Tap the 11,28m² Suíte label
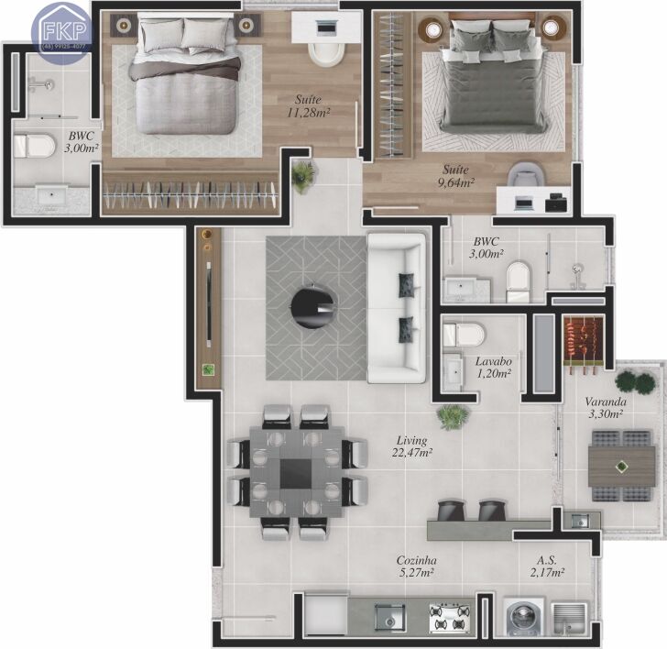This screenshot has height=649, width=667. click(x=308, y=106)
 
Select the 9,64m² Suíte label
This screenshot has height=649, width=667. click(x=455, y=176)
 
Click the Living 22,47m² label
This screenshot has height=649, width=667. click(x=411, y=446)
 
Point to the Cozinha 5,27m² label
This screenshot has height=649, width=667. click(x=417, y=566)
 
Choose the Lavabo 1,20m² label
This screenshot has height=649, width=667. click(x=494, y=368)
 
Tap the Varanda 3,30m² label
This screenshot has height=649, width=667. click(x=606, y=408)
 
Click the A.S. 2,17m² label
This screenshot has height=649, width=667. click(x=547, y=566)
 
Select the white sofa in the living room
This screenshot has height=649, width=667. click(x=397, y=308)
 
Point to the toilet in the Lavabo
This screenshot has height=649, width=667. click(x=464, y=334)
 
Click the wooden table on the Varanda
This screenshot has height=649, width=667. click(x=621, y=467)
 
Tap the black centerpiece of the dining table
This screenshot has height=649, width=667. click(x=296, y=474)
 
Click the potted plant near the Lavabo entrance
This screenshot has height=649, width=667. click(x=453, y=416)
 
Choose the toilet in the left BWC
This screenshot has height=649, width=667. click(x=34, y=147)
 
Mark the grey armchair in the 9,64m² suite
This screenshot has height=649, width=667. click(x=526, y=174)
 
